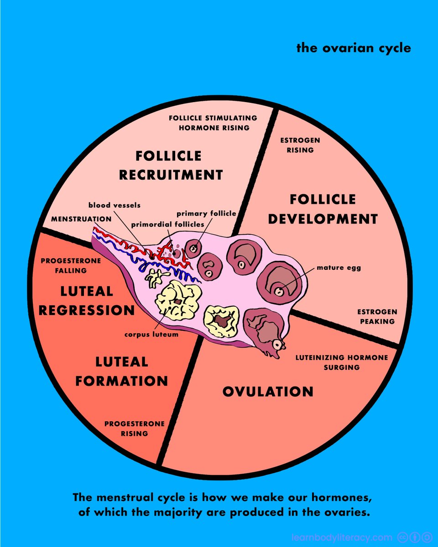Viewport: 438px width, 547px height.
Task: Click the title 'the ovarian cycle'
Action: (x=354, y=47)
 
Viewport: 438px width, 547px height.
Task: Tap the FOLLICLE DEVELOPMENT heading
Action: (x=323, y=209)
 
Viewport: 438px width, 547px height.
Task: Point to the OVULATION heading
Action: (x=268, y=392)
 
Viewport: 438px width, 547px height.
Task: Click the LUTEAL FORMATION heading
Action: (x=122, y=371)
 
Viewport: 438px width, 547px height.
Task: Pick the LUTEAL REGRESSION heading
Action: (x=87, y=301)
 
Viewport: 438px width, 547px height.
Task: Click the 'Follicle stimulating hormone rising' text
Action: (x=213, y=123)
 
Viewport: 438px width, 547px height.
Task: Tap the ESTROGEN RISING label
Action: (x=300, y=145)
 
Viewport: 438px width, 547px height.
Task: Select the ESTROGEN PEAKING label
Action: (x=377, y=316)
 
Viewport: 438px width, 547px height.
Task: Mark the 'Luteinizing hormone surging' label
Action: (x=342, y=362)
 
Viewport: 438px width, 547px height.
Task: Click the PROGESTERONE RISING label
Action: (x=135, y=428)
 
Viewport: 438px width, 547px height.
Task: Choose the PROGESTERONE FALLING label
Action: (x=64, y=266)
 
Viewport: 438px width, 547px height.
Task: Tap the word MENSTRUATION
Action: (x=81, y=219)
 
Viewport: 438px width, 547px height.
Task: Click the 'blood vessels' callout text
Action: (x=114, y=206)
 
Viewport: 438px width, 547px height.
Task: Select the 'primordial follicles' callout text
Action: (x=167, y=225)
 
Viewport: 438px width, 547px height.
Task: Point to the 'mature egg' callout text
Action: (x=339, y=268)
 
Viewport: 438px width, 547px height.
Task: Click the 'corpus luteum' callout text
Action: (x=151, y=334)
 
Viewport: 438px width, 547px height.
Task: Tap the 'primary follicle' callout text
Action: (x=206, y=213)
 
